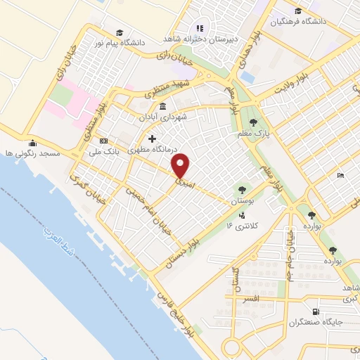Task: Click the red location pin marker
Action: [181, 165]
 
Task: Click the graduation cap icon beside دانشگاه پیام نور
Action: [120, 32]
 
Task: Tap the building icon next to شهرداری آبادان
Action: [163, 107]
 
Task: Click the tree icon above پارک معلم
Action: [263, 122]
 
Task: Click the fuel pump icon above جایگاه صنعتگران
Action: [314, 311]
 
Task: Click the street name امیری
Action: [184, 181]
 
